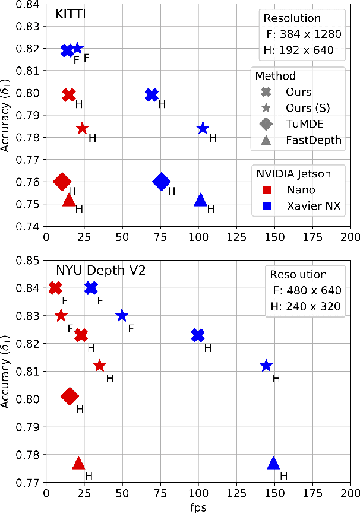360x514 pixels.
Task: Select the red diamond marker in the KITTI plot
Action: coord(62,182)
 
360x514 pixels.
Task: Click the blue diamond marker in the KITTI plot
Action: coord(161,182)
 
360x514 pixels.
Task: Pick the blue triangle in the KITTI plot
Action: coord(201,200)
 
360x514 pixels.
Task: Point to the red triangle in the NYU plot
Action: coord(78,464)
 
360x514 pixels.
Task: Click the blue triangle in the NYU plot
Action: coord(273,464)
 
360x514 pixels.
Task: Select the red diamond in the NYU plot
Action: coord(70,396)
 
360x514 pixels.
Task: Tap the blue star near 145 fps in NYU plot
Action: coord(266,366)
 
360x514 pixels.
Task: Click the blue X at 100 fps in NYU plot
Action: coord(198,335)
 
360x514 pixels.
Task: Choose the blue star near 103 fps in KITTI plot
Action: coord(203,128)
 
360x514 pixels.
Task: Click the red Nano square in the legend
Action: coord(267,190)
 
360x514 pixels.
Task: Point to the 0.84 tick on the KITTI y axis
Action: coord(30,5)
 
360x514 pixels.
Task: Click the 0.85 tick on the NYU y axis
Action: coord(30,261)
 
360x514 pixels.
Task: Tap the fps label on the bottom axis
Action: coord(198,507)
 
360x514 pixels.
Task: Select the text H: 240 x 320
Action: coord(305,307)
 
